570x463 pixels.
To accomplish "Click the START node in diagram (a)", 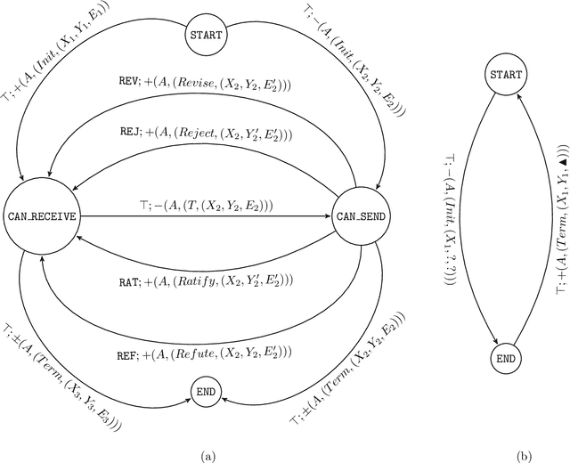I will [x=206, y=36].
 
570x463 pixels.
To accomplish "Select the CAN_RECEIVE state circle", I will [x=43, y=216].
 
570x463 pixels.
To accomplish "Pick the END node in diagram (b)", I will [x=504, y=359].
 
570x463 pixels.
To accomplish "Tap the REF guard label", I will [x=128, y=332].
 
